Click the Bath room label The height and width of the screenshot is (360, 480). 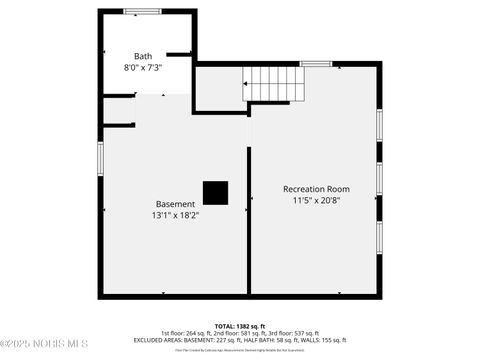click(145, 56)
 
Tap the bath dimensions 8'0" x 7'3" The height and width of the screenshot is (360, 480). click(143, 68)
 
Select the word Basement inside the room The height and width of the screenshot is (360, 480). click(175, 203)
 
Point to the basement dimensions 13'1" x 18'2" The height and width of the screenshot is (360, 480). click(175, 214)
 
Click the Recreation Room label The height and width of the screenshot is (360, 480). click(316, 189)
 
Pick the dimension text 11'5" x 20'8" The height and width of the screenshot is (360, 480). click(316, 200)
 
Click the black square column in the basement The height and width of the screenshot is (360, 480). click(215, 192)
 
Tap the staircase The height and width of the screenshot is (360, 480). click(273, 84)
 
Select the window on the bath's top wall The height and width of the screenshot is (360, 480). click(142, 11)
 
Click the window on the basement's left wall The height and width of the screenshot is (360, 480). click(99, 158)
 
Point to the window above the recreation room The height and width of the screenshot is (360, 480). click(316, 64)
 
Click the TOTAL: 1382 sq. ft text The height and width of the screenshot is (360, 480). click(240, 326)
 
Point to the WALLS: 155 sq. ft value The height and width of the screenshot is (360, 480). click(323, 340)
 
